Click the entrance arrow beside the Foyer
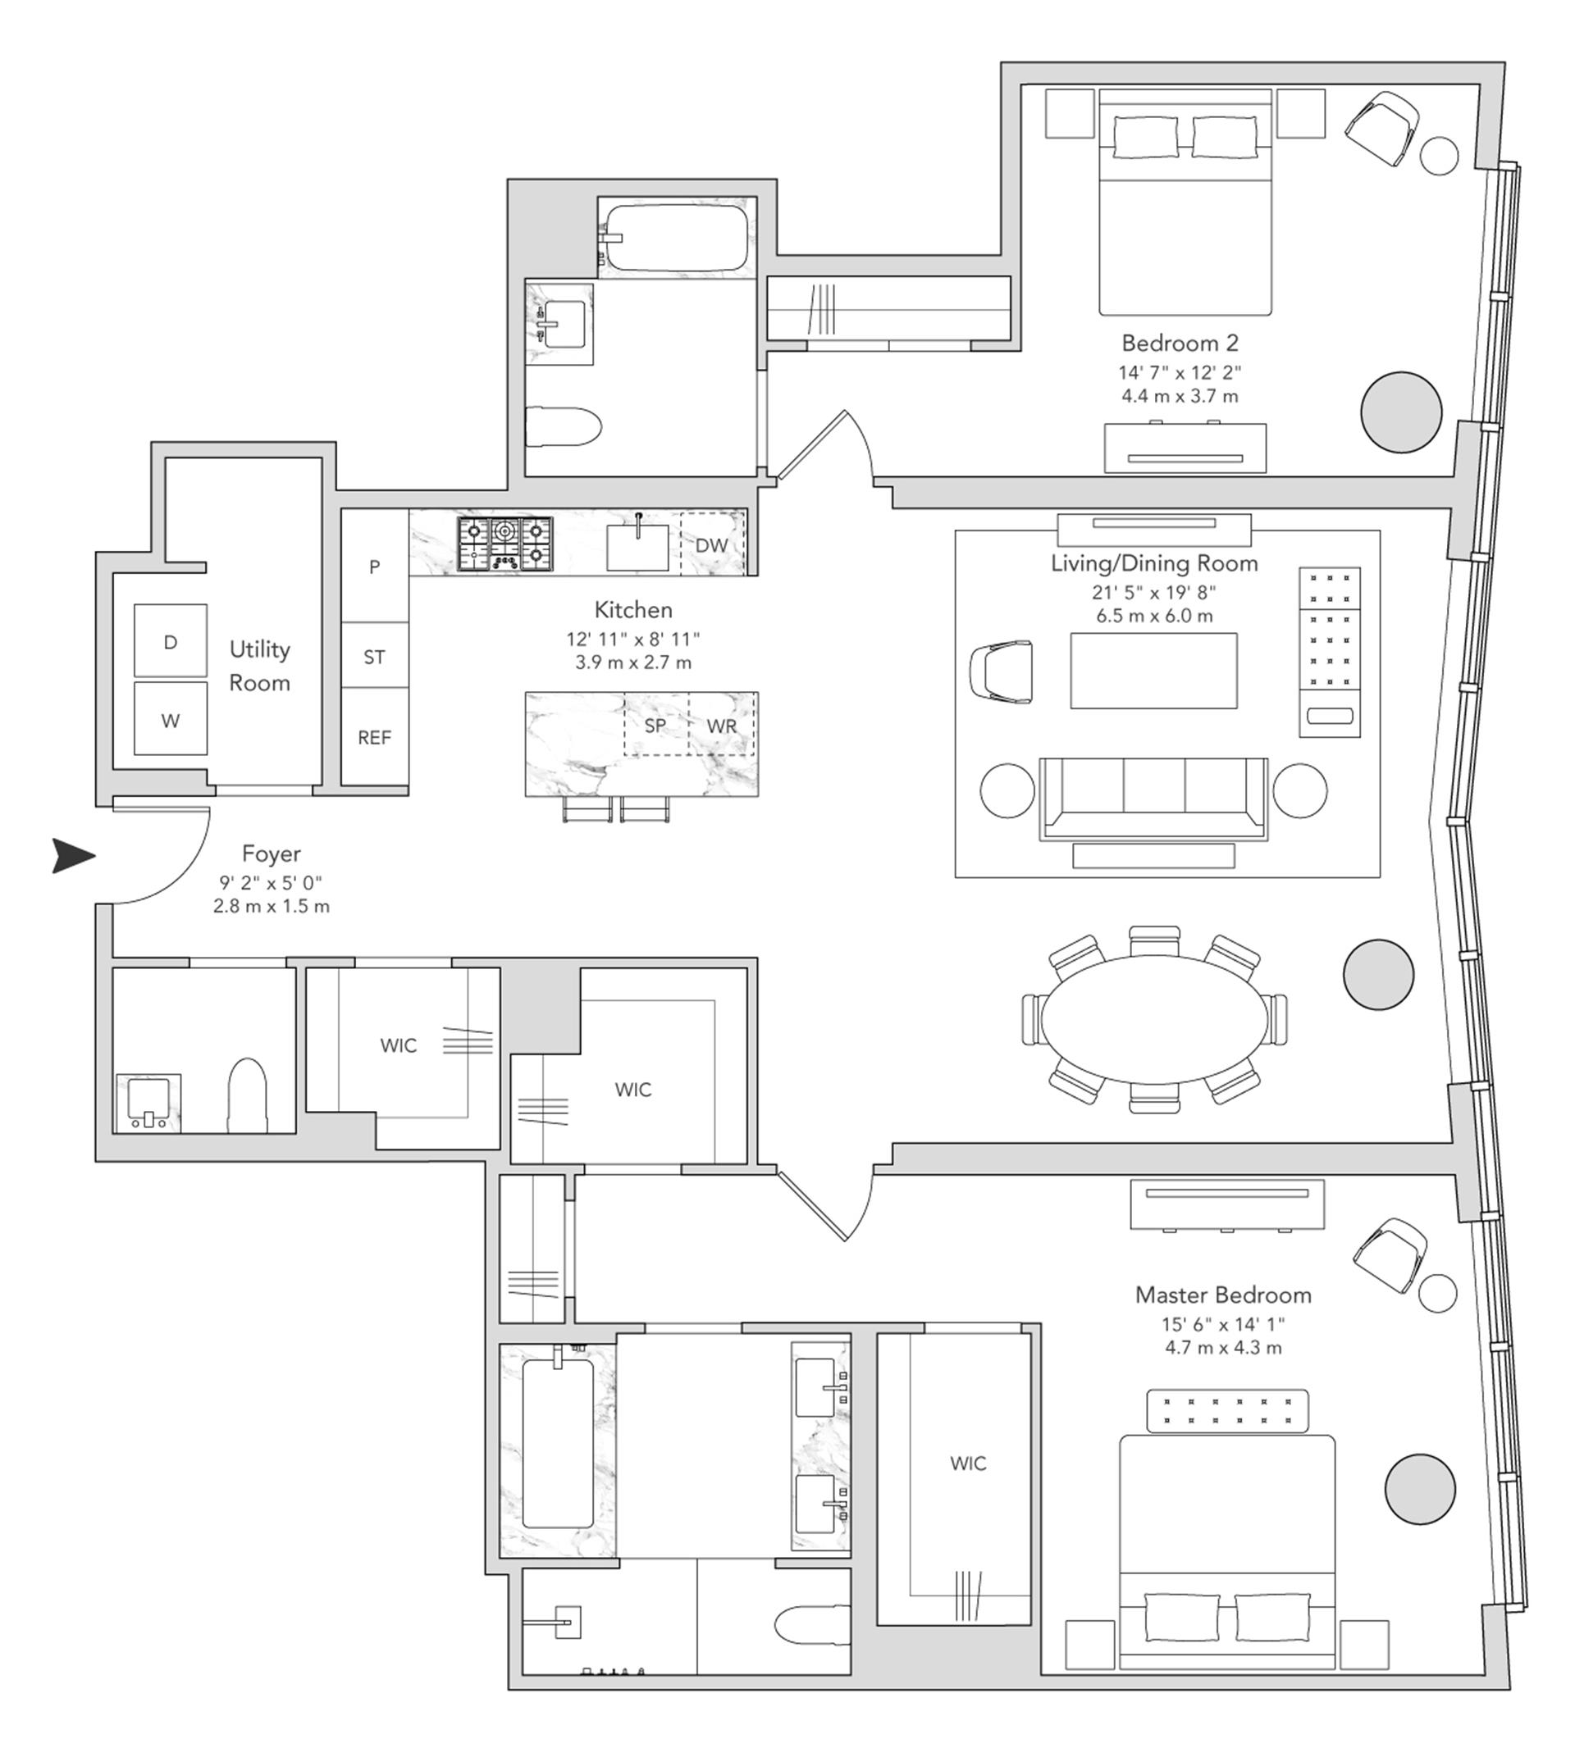click(73, 856)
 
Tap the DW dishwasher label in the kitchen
click(710, 545)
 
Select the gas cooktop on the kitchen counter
click(505, 544)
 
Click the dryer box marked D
click(171, 641)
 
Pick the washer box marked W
click(171, 720)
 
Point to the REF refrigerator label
click(374, 737)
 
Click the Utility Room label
click(259, 665)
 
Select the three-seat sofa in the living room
click(1153, 797)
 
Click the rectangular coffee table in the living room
click(1153, 671)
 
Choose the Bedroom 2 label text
click(1180, 343)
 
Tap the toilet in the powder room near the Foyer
click(248, 1095)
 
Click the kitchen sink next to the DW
click(637, 547)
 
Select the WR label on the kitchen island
click(722, 725)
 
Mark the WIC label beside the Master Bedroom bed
click(967, 1463)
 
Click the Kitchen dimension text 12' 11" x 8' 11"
click(632, 640)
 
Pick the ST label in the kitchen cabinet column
click(374, 657)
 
